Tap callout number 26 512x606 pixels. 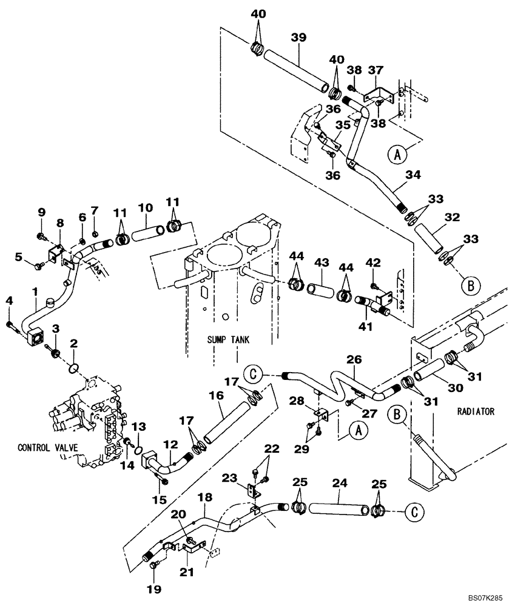pyautogui.click(x=354, y=359)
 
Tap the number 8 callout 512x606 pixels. pyautogui.click(x=60, y=223)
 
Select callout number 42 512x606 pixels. pyautogui.click(x=374, y=262)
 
